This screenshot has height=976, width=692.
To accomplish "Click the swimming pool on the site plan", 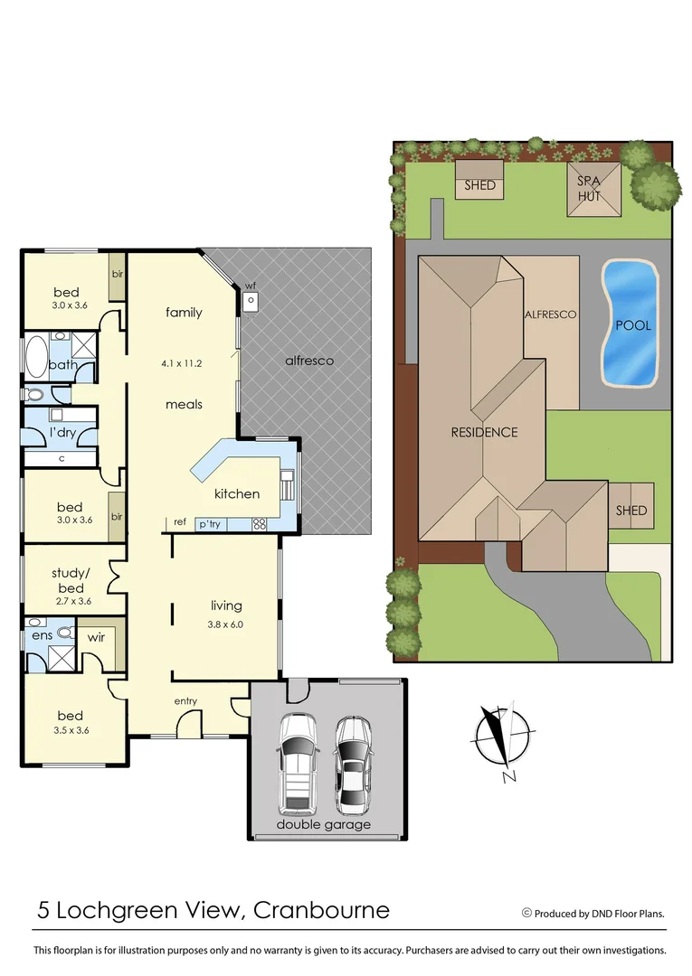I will pyautogui.click(x=630, y=323).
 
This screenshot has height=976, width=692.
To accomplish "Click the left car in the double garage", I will pyautogui.click(x=298, y=762).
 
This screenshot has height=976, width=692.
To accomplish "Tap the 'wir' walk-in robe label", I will pyautogui.click(x=96, y=638).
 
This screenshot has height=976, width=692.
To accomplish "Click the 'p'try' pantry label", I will pyautogui.click(x=211, y=523).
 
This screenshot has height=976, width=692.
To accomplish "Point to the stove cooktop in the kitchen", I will pyautogui.click(x=259, y=523).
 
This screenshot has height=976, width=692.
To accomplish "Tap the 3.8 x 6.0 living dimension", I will pyautogui.click(x=226, y=624).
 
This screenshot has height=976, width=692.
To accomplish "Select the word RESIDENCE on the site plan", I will pyautogui.click(x=484, y=432).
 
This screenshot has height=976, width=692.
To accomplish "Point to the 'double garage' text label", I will pyautogui.click(x=323, y=824).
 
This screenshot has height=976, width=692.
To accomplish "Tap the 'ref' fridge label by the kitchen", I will pyautogui.click(x=180, y=522).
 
